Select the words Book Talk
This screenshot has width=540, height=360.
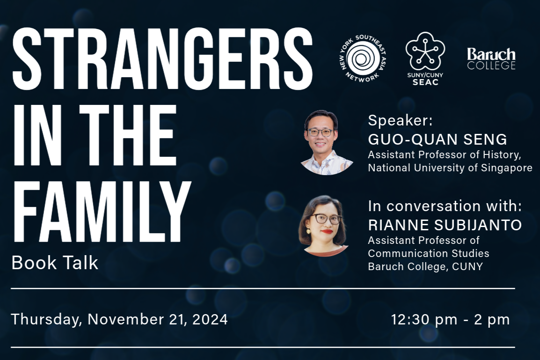55,263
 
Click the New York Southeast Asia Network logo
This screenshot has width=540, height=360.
360,59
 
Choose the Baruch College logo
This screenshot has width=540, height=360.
491,59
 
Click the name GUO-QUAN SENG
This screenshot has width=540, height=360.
438,140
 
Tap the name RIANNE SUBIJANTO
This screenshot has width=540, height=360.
445,225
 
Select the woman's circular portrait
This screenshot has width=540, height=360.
322,225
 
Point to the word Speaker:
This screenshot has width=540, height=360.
400,121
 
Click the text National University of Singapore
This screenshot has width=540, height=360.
450,168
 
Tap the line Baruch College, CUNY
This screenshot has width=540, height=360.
425,266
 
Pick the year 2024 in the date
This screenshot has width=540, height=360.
209,319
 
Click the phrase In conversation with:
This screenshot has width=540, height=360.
445,206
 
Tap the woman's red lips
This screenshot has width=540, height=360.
327,232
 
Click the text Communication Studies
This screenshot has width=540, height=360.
429,253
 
